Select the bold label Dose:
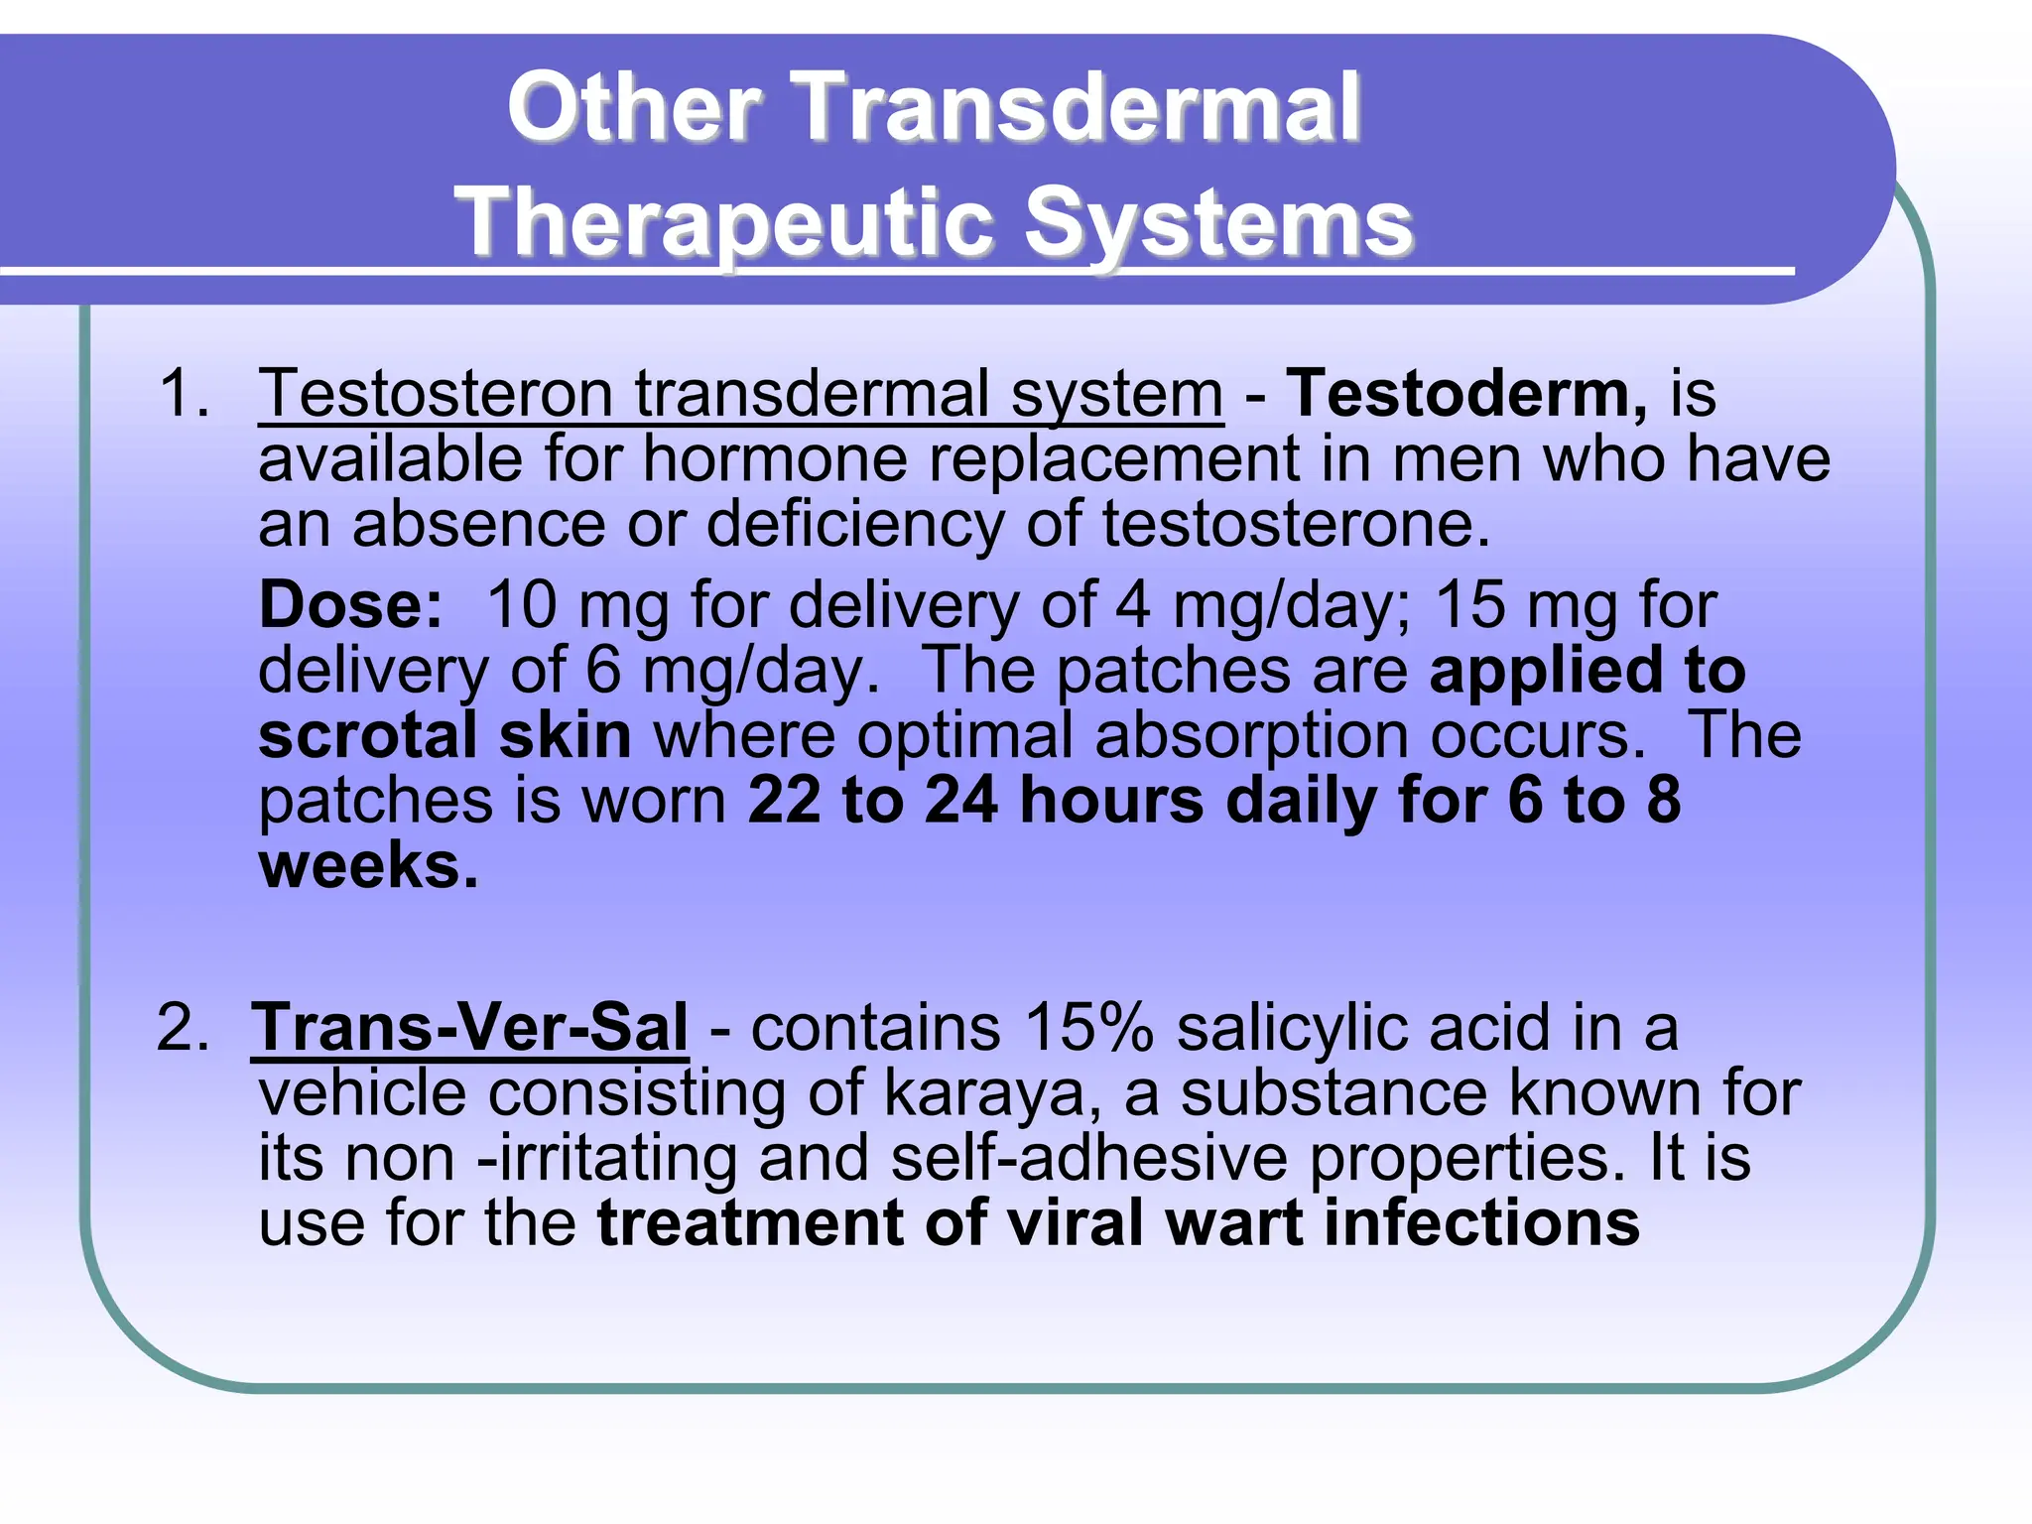pyautogui.click(x=350, y=604)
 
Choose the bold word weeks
pyautogui.click(x=368, y=865)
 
